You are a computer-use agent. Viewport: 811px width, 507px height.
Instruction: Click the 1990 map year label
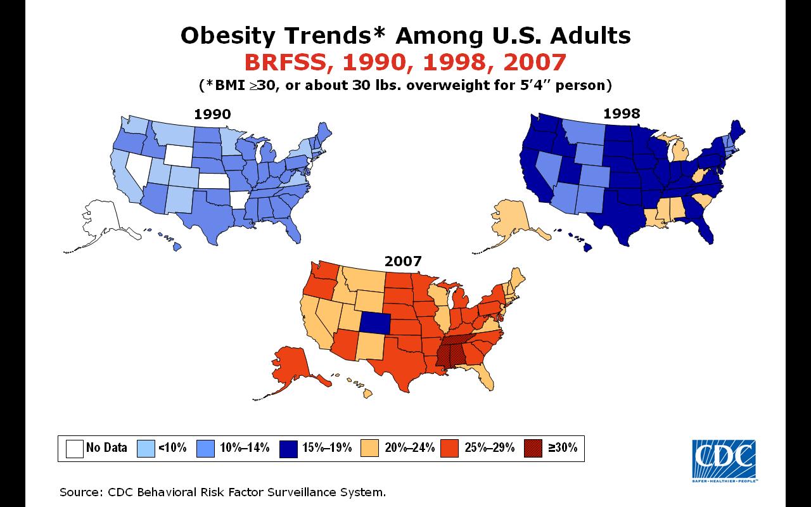[212, 114]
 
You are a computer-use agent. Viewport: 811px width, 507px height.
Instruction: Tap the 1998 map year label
[622, 113]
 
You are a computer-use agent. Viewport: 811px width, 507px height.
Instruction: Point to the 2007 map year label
[403, 261]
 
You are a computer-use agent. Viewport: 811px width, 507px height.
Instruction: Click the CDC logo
[724, 461]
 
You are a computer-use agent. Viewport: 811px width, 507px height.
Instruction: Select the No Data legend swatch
[75, 449]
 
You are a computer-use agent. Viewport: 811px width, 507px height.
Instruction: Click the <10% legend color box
[146, 449]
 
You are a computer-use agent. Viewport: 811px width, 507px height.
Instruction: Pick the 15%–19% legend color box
[288, 449]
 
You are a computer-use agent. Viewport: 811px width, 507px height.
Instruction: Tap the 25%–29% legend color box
[450, 449]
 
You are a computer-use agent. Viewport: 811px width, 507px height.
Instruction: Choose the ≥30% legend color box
[533, 449]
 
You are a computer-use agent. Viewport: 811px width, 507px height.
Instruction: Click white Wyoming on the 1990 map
[179, 155]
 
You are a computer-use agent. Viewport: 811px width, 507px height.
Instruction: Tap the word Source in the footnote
[82, 492]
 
